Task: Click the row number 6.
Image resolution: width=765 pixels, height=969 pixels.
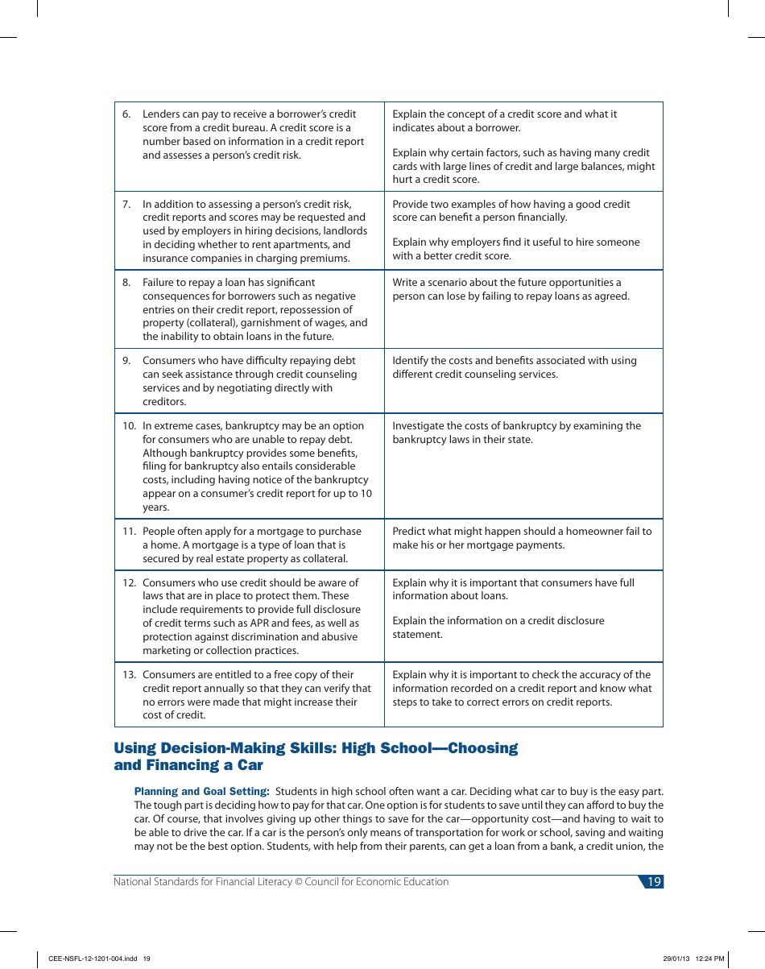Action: pyautogui.click(x=126, y=114)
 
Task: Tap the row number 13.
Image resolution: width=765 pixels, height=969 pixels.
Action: pyautogui.click(x=130, y=675)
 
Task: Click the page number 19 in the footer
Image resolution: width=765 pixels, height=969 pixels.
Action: pyautogui.click(x=654, y=882)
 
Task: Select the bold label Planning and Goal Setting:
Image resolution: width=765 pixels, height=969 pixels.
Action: pyautogui.click(x=201, y=792)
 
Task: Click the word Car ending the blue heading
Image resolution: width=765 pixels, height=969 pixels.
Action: pyautogui.click(x=250, y=765)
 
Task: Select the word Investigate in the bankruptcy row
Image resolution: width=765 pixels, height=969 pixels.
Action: pyautogui.click(x=420, y=426)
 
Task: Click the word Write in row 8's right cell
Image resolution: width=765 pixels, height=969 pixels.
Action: pyautogui.click(x=407, y=283)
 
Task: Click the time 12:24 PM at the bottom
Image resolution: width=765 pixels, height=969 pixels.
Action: pyautogui.click(x=710, y=959)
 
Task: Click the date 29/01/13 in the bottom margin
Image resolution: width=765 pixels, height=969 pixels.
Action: pyautogui.click(x=676, y=959)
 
